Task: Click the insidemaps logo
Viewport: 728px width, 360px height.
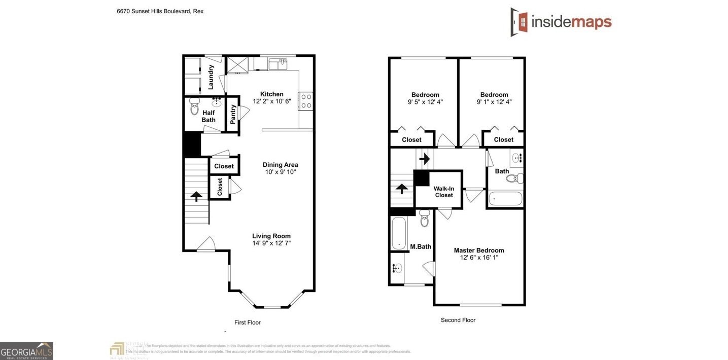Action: tap(561, 22)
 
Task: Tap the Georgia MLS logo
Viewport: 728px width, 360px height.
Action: tap(26, 351)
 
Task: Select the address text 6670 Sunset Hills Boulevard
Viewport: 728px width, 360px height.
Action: tap(160, 11)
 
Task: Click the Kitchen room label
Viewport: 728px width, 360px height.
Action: tap(271, 94)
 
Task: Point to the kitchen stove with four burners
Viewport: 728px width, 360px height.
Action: tap(306, 100)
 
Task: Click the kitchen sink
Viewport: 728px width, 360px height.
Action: tap(278, 64)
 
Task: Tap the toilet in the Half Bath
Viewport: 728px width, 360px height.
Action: tap(194, 106)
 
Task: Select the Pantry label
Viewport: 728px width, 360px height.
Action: tap(233, 114)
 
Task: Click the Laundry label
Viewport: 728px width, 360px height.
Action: tap(211, 77)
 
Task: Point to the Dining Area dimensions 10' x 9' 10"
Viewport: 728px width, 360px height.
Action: tap(280, 172)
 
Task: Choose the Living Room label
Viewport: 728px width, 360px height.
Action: tap(271, 236)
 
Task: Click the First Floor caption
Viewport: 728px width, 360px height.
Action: tap(247, 322)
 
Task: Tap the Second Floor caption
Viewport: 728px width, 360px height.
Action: tap(458, 320)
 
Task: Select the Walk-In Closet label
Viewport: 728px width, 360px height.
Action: tap(443, 192)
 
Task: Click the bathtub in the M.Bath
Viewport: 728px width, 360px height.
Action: tap(398, 233)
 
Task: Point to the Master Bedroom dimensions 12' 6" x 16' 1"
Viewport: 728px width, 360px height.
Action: tap(478, 258)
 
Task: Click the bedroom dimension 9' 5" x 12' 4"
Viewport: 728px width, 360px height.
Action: tap(425, 102)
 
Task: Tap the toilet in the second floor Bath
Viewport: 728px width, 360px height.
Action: tap(515, 178)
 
